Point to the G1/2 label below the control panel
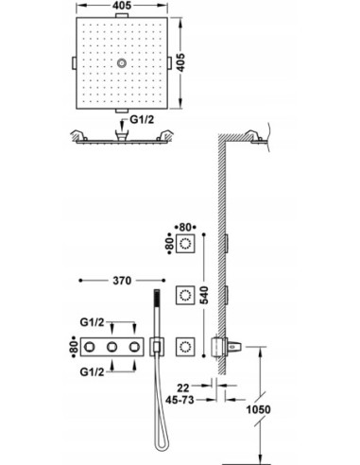[93, 373]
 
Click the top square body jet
[190, 248]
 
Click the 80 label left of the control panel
[74, 347]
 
